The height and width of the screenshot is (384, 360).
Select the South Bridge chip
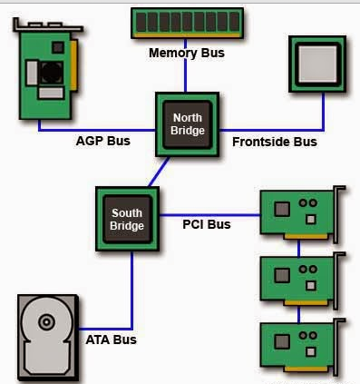tap(127, 219)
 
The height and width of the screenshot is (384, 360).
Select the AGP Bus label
tap(102, 142)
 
